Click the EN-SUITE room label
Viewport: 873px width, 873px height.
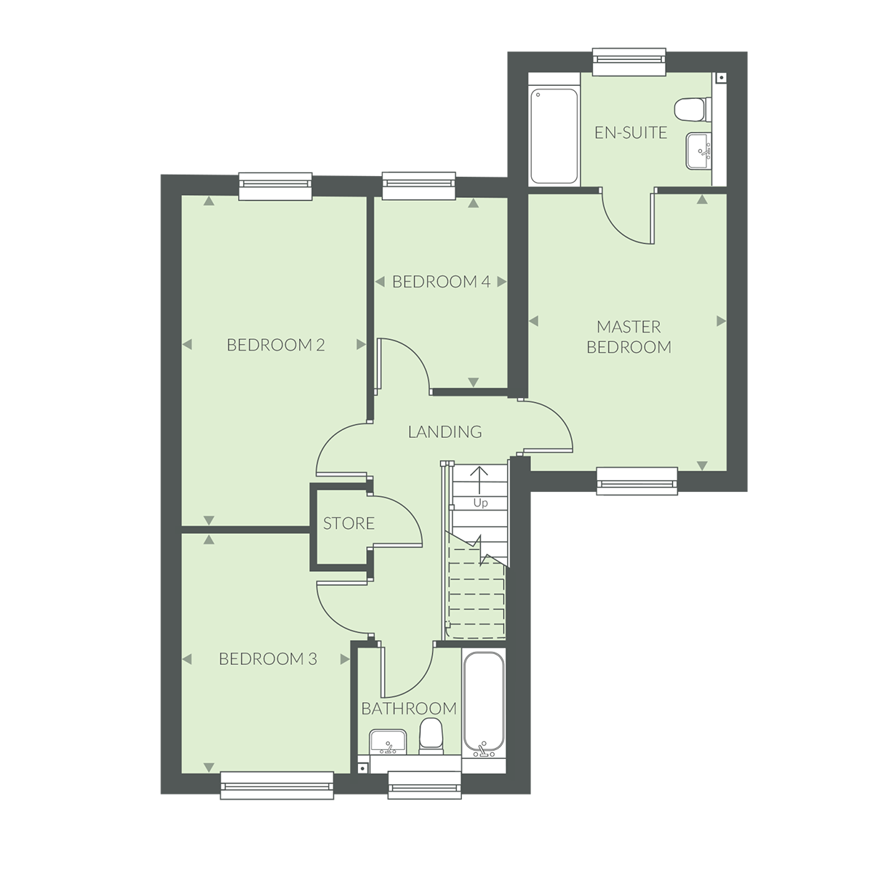(x=630, y=132)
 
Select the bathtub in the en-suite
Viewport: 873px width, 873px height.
(x=554, y=135)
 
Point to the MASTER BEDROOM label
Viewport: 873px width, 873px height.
(x=629, y=337)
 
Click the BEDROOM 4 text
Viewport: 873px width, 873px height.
(x=441, y=282)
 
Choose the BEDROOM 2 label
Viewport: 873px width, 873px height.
(x=275, y=345)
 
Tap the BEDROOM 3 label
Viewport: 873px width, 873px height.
(x=268, y=659)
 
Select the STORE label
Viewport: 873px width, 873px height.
(x=348, y=524)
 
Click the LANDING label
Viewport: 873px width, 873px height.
(x=445, y=432)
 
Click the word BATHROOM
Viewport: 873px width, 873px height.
(x=409, y=709)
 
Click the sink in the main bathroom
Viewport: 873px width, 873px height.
(x=387, y=742)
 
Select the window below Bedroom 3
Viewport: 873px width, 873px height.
(x=276, y=785)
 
